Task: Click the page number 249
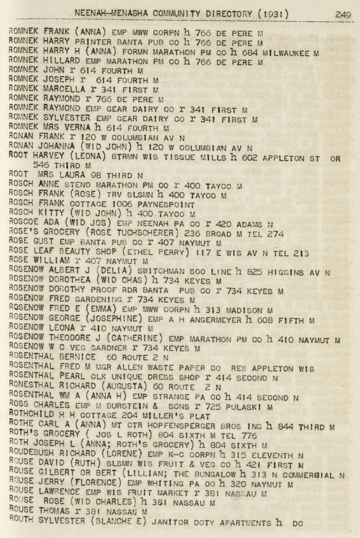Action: (343, 15)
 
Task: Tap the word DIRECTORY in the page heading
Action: (229, 14)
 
